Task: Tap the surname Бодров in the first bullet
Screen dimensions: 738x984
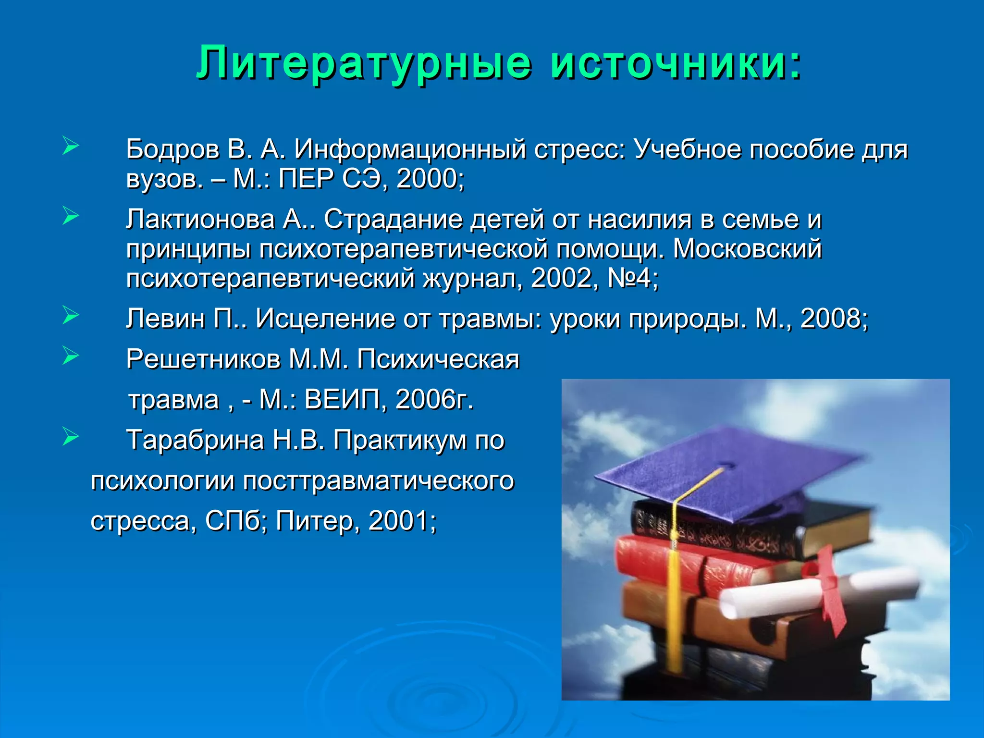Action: [173, 149]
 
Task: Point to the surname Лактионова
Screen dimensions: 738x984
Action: [201, 220]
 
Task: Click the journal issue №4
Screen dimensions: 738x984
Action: [631, 278]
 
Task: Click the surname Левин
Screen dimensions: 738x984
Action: [165, 319]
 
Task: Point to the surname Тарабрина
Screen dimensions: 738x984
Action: [195, 440]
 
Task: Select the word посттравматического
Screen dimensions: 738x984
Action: [379, 480]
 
